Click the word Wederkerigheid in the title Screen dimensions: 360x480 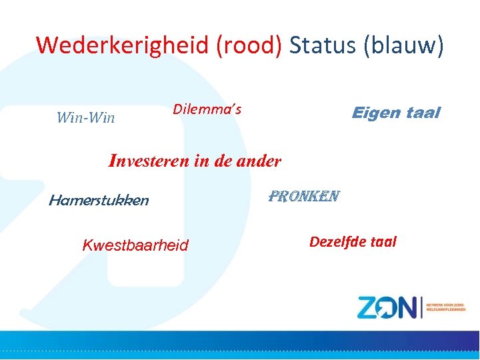pyautogui.click(x=123, y=45)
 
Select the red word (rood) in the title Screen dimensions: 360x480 pyautogui.click(x=251, y=45)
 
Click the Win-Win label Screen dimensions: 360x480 pyautogui.click(x=85, y=118)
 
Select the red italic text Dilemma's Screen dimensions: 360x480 pyautogui.click(x=207, y=109)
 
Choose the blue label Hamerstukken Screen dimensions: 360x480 pyautogui.click(x=99, y=200)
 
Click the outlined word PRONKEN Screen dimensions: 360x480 pyautogui.click(x=304, y=197)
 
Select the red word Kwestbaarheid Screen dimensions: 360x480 pyautogui.click(x=135, y=245)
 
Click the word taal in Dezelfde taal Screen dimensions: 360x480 pyautogui.click(x=384, y=241)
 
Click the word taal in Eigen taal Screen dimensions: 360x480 pyautogui.click(x=423, y=113)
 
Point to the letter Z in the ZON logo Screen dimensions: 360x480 pyautogui.click(x=369, y=308)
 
